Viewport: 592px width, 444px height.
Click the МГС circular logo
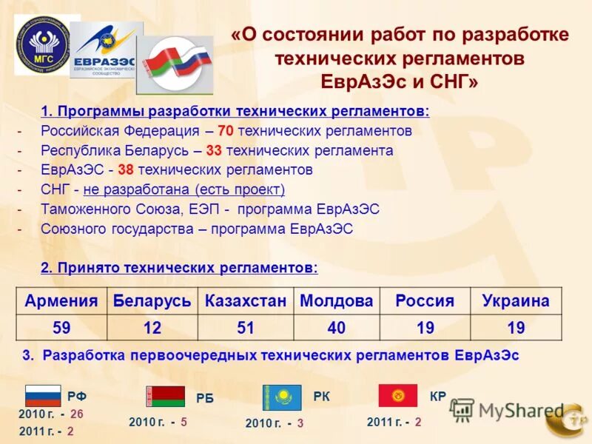46,44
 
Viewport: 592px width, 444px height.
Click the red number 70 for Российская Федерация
226,131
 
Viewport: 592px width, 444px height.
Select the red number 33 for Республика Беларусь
214,150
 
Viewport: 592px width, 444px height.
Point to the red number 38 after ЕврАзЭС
126,169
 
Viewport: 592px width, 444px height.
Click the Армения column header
61,301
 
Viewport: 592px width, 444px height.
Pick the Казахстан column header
245,301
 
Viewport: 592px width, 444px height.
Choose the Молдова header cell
336,301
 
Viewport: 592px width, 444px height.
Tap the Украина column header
516,301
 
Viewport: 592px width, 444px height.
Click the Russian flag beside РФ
43,396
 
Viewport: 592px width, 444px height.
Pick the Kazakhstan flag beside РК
282,397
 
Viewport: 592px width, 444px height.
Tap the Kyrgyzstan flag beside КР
398,395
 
